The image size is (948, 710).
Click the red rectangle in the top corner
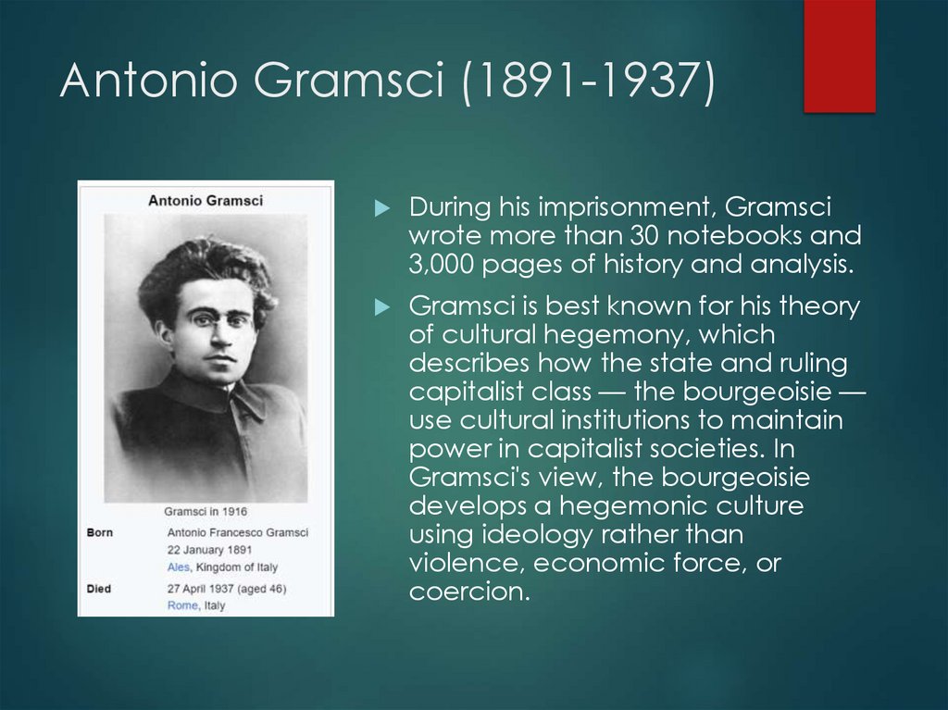pyautogui.click(x=839, y=56)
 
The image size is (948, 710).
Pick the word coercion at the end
pyautogui.click(x=468, y=592)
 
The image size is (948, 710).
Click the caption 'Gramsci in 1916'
pyautogui.click(x=206, y=511)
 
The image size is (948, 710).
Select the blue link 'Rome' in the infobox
pyautogui.click(x=182, y=605)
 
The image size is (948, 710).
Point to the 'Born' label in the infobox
pyautogui.click(x=100, y=532)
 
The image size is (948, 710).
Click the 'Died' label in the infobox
pyautogui.click(x=99, y=587)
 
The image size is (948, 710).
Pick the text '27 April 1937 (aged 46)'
pyautogui.click(x=226, y=588)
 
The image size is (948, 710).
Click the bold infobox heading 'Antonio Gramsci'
pyautogui.click(x=206, y=201)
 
